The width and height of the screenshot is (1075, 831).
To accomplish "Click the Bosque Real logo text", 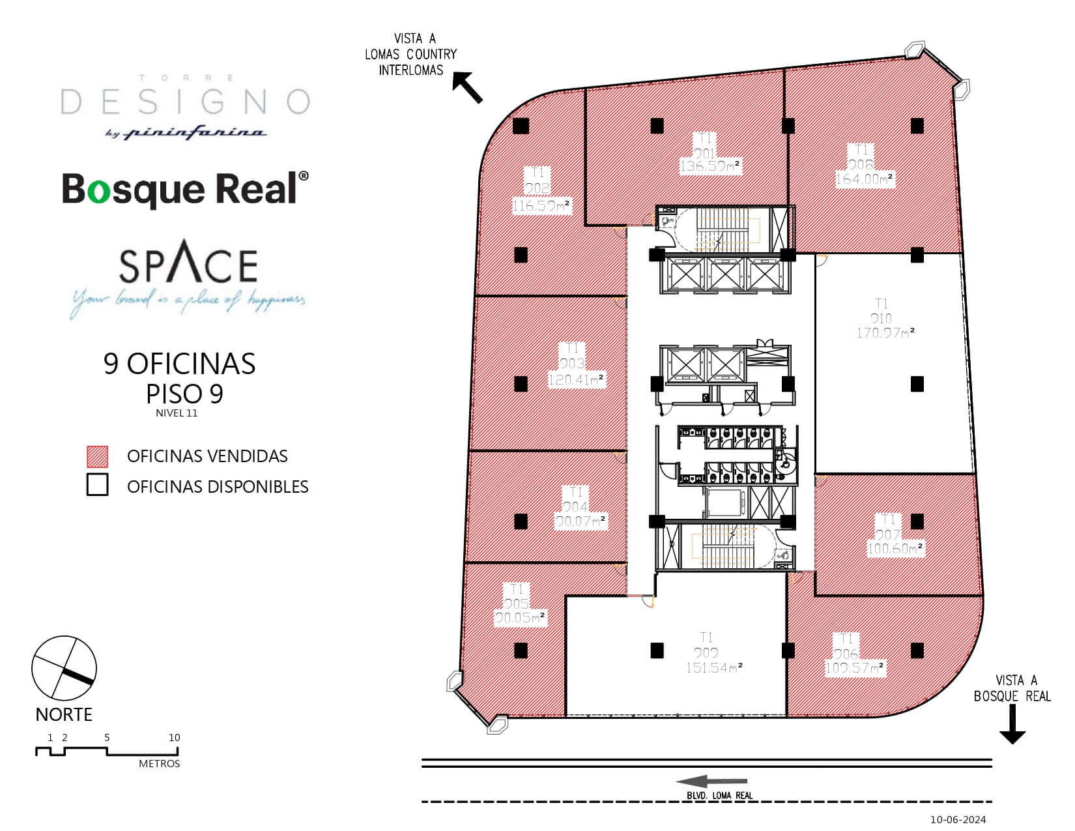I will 185,189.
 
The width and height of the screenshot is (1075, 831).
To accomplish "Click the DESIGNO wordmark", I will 185,102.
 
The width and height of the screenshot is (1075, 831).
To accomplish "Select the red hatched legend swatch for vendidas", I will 97,456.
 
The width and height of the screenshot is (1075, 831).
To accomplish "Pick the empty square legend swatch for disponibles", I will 97,486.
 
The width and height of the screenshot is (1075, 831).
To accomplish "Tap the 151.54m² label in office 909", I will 713,668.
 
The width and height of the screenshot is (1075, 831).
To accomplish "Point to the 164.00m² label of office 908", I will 864,179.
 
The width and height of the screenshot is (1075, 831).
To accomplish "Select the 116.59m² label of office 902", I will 541,207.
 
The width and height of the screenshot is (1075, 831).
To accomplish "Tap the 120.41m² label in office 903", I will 576,379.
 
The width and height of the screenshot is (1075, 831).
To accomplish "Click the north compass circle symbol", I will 64,669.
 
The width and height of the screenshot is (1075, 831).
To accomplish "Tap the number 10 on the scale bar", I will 174,738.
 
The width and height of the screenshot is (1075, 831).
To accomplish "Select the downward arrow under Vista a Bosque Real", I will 1012,725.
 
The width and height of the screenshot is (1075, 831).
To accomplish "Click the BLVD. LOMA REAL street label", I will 719,795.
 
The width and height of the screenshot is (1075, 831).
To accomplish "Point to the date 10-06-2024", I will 958,819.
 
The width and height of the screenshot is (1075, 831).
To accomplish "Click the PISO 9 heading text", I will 184,394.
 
